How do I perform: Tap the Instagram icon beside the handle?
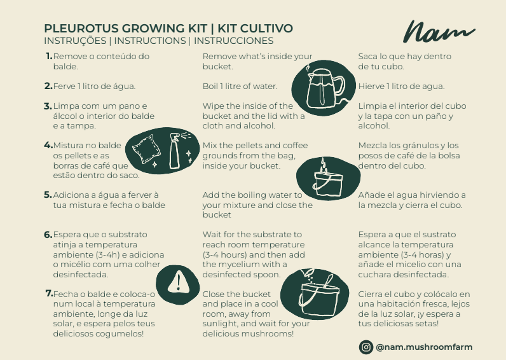(x=366, y=347)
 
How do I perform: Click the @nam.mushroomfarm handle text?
(x=424, y=347)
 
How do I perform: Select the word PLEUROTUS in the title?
(x=76, y=29)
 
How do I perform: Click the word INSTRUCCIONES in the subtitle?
(x=234, y=41)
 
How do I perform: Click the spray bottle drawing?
(x=175, y=150)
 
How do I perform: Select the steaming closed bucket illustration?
(x=328, y=177)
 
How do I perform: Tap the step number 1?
(x=48, y=56)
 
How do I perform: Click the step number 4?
(x=48, y=145)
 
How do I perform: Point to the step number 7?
(x=48, y=294)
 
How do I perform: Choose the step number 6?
(x=48, y=235)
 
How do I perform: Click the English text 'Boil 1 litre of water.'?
(x=240, y=87)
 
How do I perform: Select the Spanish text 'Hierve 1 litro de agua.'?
(x=401, y=87)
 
